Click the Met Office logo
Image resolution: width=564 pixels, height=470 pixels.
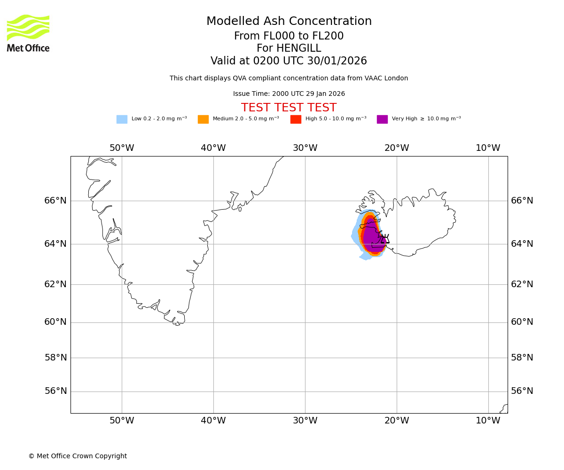pos(28,33)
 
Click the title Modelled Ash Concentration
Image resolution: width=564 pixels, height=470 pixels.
pos(289,22)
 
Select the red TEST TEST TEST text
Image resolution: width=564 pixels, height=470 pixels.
pos(289,108)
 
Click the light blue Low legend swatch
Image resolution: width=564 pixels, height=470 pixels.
pos(122,119)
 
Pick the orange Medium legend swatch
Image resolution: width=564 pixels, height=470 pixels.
pos(203,119)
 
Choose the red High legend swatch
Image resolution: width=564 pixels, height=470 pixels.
pos(296,119)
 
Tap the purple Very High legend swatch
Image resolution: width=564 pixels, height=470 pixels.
pos(382,119)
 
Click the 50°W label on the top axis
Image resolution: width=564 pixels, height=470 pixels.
pos(122,148)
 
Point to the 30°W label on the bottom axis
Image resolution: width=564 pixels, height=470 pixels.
pos(305,421)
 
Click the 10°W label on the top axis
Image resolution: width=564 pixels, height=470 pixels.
pos(488,148)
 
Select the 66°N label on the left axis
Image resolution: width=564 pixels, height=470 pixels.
pos(55,201)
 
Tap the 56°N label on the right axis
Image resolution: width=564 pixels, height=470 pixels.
pos(522,391)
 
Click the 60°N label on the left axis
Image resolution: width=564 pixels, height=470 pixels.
pos(55,322)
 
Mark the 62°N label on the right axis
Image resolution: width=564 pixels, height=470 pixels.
pos(522,284)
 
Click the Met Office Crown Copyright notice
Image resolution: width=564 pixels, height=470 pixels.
pos(78,456)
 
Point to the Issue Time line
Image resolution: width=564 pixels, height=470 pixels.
pos(289,94)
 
